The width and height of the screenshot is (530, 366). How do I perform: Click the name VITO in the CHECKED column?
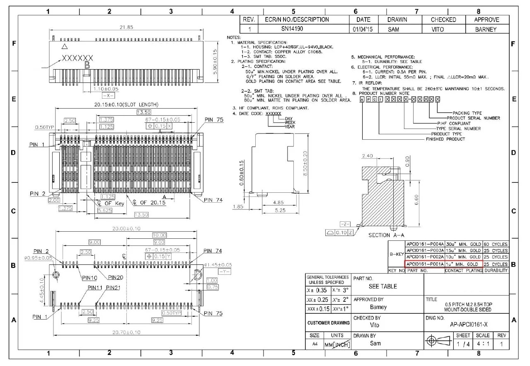[x=438, y=29]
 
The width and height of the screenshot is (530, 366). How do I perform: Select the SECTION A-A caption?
[x=386, y=235]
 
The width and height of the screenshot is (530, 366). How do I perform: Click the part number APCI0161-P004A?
[x=425, y=244]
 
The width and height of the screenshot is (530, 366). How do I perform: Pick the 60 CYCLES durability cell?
[x=496, y=244]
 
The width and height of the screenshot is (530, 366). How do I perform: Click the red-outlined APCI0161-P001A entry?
[x=425, y=264]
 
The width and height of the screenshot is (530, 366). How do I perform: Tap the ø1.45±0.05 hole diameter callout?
[x=218, y=265]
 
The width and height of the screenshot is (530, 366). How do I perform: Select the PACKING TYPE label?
[x=467, y=113]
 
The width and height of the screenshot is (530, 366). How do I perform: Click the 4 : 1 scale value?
[x=483, y=344]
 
